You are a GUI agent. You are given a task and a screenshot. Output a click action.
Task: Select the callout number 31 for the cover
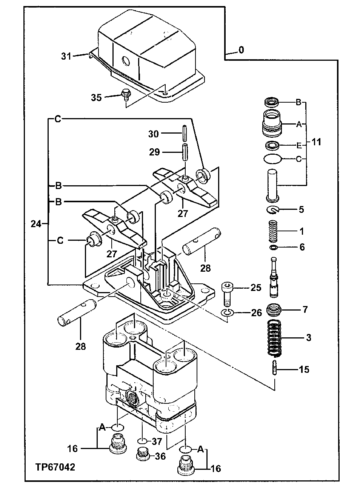coord(66,56)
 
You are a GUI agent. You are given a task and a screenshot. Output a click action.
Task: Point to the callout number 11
coord(316,142)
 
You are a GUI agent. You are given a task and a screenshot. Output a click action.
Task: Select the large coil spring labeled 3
coord(275,338)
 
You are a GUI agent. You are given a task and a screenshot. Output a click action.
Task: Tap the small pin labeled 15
coord(275,368)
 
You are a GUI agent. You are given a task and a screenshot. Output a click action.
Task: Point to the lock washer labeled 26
coord(227,312)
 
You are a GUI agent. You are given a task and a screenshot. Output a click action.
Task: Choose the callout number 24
coord(36,224)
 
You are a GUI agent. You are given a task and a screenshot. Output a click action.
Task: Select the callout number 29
coord(155,152)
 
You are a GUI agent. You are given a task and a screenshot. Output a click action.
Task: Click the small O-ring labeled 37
coord(142,441)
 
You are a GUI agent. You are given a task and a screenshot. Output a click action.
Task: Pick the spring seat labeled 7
coord(275,310)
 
